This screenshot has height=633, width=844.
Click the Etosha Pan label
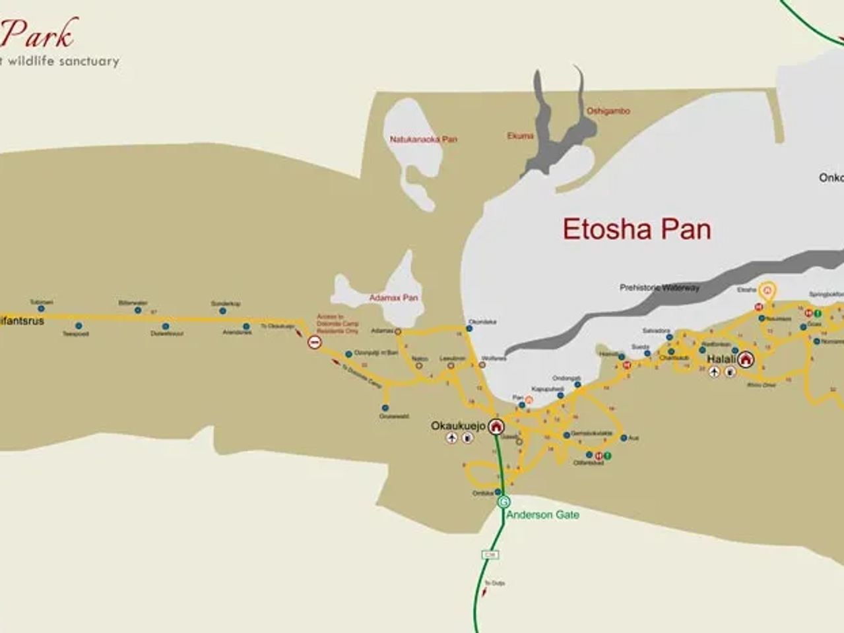pos(637,229)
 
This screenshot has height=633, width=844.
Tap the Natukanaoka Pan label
pos(423,140)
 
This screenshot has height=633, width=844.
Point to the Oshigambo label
pos(608,111)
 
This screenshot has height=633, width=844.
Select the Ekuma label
pos(520,136)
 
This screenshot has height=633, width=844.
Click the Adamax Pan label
pos(393,298)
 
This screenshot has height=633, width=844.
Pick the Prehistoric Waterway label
pos(659,287)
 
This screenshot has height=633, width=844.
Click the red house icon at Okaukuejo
pos(496,426)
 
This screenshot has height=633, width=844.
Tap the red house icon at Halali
pos(746,359)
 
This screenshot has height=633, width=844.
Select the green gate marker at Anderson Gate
pos(503,502)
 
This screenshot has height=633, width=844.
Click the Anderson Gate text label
pos(542,515)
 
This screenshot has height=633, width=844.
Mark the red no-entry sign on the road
pos(315,342)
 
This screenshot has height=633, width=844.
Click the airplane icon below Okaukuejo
pos(451,438)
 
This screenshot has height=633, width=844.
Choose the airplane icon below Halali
pos(714,372)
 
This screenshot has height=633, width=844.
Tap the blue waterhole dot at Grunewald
pos(385,408)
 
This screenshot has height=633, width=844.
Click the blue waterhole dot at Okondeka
pos(469,329)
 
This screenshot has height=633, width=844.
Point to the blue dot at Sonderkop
pos(222,311)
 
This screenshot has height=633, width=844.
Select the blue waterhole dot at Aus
pos(623,437)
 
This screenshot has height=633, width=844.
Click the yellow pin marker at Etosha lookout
pos(767,289)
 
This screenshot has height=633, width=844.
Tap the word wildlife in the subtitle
pos(32,61)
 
